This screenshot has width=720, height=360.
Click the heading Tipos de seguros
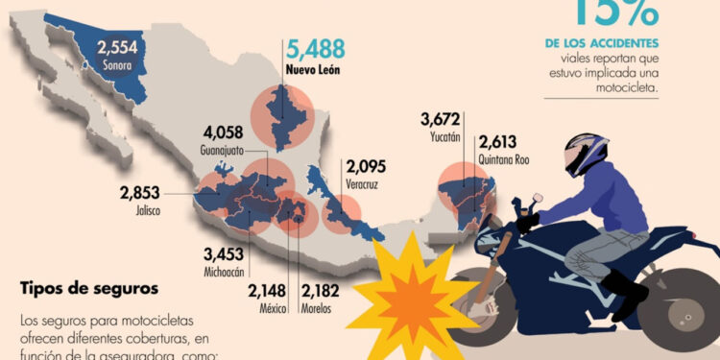(x=88, y=288)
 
